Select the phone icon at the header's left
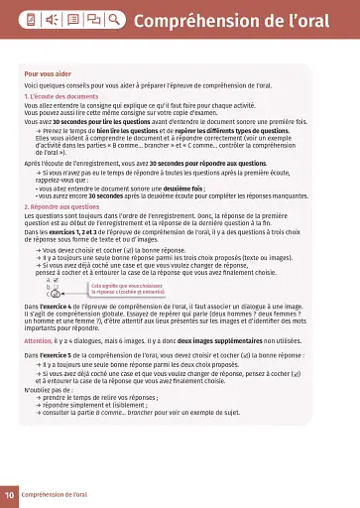click(x=32, y=20)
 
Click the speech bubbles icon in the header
click(x=94, y=20)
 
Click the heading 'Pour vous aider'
click(x=46, y=74)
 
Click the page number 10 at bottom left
click(x=9, y=493)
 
